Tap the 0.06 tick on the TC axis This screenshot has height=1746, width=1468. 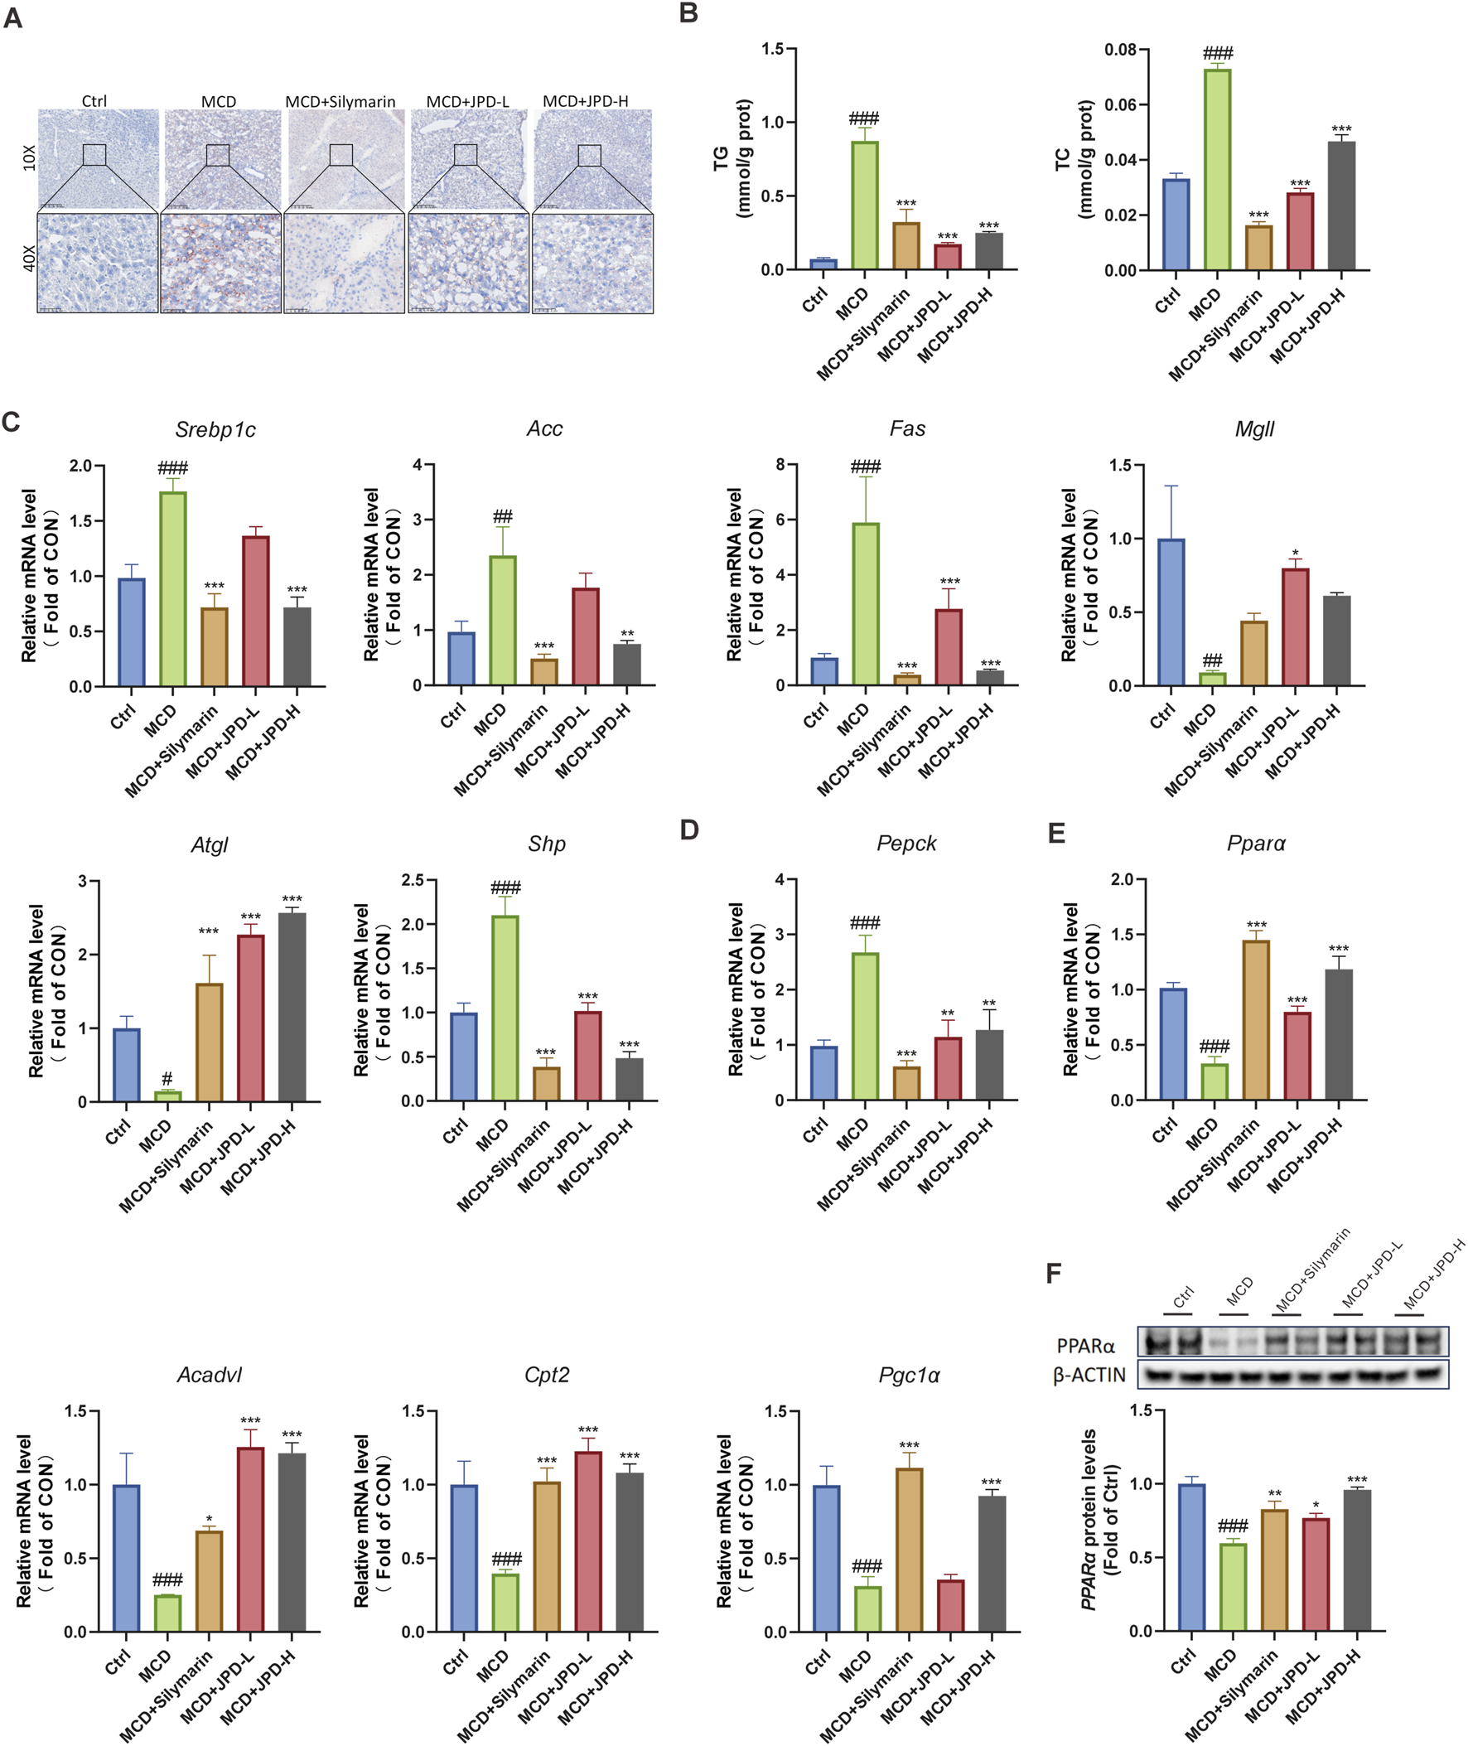[x=1120, y=105]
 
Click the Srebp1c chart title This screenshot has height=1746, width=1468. [x=215, y=429]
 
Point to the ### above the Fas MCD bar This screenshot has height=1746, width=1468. [x=866, y=467]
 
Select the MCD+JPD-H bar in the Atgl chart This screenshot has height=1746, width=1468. [x=292, y=1007]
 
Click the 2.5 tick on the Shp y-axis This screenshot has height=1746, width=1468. [x=413, y=880]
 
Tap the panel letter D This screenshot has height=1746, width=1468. [x=689, y=830]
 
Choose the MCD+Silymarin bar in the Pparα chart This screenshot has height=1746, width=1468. [x=1256, y=1019]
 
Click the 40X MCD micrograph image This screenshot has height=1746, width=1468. [x=220, y=263]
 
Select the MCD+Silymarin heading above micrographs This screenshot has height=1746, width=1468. [x=340, y=102]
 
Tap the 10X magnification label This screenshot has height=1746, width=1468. [x=29, y=158]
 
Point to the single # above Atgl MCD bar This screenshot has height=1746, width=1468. [x=167, y=1080]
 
